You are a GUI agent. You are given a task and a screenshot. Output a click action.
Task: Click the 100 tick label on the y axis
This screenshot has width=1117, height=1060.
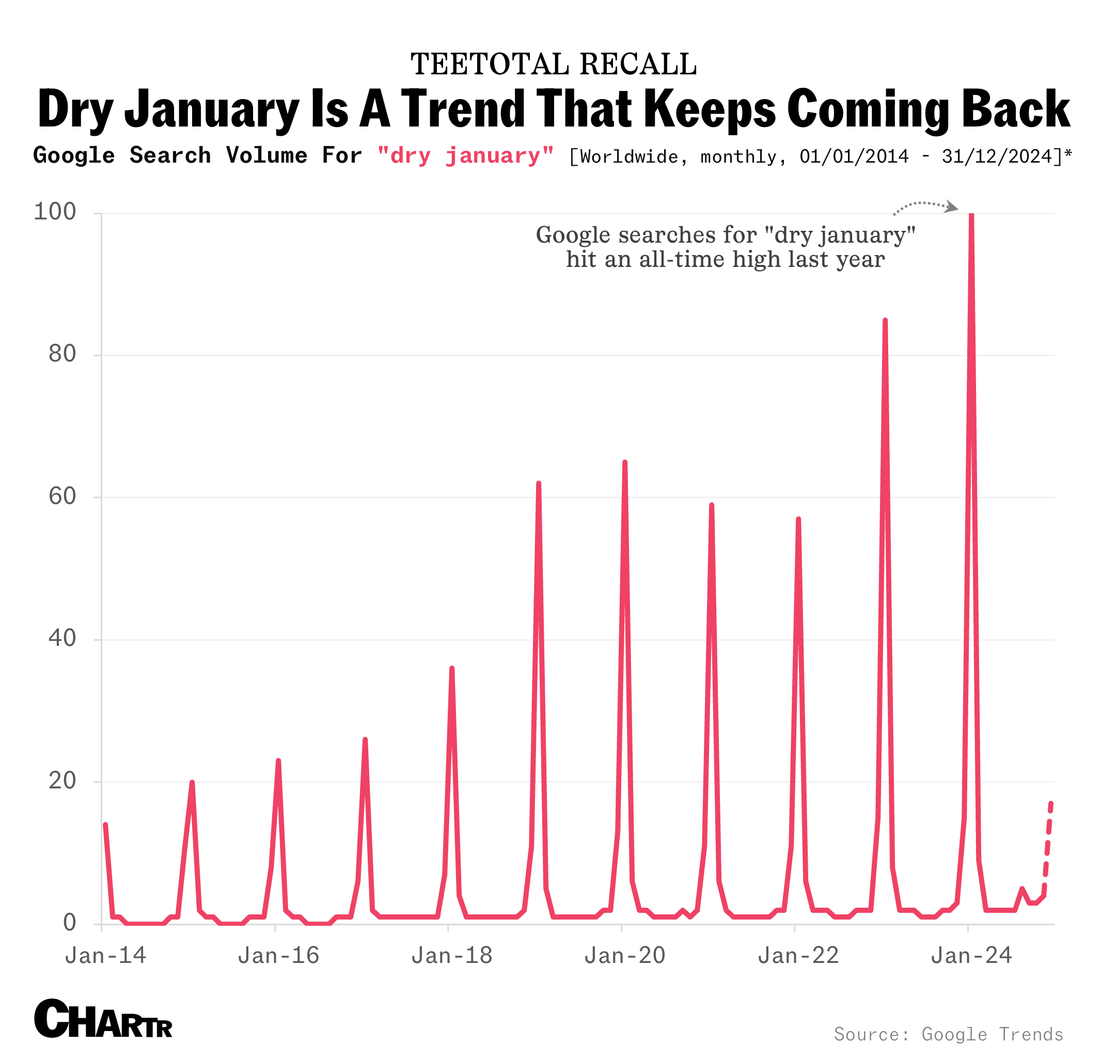(x=55, y=212)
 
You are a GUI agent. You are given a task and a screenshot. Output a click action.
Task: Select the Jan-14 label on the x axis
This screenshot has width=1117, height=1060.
(x=106, y=956)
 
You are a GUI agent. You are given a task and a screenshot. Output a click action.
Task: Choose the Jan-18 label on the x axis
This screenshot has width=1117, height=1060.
(x=452, y=956)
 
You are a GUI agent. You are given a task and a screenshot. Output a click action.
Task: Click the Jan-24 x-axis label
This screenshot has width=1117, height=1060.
(x=971, y=956)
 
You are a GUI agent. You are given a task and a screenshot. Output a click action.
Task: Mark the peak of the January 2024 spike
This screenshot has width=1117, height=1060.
(x=971, y=215)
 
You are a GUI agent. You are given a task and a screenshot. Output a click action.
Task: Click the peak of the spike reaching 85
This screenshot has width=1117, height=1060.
(x=885, y=320)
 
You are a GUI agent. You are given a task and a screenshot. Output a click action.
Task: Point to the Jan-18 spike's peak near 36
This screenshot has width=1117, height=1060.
(x=451, y=669)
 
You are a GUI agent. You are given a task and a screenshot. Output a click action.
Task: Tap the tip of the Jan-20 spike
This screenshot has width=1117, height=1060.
(x=624, y=462)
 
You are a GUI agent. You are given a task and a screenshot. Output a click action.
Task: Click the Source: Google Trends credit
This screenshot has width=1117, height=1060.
(x=949, y=1034)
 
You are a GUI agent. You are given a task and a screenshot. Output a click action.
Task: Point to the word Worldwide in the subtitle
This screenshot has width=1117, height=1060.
(x=630, y=156)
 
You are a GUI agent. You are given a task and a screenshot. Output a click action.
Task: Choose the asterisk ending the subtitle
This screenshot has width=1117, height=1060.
(x=1068, y=154)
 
